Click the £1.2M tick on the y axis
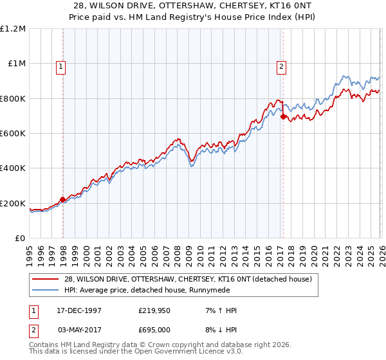pyautogui.click(x=13, y=29)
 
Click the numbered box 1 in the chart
pyautogui.click(x=60, y=65)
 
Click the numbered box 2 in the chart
pyautogui.click(x=282, y=65)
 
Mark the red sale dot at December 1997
pyautogui.click(x=63, y=200)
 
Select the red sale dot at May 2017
pyautogui.click(x=283, y=116)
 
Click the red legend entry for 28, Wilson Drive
pyautogui.click(x=188, y=279)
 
